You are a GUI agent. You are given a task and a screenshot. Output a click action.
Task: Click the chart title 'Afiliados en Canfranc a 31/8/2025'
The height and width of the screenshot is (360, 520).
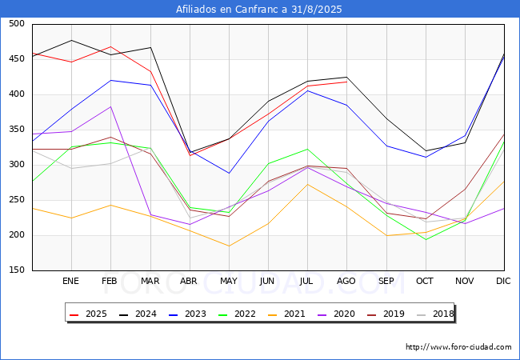(258, 10)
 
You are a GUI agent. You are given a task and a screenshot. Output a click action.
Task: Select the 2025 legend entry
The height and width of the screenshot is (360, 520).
(88, 314)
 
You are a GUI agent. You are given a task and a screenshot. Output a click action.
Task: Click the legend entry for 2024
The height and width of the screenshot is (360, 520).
(138, 314)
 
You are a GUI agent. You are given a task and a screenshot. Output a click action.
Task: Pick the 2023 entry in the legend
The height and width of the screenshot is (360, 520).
(187, 314)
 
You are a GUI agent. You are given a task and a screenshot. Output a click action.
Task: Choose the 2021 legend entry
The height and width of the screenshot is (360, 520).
(286, 314)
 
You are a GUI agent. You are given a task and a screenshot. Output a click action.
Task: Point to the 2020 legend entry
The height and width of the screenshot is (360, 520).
(336, 314)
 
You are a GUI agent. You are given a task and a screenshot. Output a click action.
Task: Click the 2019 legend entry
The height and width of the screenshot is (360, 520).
(386, 314)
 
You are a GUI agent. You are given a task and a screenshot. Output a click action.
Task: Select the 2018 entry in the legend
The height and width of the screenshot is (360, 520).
(435, 314)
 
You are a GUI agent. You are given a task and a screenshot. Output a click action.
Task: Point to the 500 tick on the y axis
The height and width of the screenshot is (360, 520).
(17, 23)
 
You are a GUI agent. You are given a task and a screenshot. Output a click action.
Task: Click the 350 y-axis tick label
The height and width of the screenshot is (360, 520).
(17, 130)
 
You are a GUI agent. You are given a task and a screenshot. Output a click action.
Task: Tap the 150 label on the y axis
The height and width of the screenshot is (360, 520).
(17, 270)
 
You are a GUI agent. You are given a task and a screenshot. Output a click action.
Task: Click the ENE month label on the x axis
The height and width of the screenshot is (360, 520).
(70, 281)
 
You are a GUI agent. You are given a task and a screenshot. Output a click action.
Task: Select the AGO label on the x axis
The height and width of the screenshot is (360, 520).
(346, 281)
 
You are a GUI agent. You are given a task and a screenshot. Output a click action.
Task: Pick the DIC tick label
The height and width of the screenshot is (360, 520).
(503, 281)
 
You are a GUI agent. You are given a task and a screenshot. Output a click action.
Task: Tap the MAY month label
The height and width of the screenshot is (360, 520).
(229, 281)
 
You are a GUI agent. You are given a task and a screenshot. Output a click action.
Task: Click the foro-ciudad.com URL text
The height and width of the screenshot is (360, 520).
(458, 347)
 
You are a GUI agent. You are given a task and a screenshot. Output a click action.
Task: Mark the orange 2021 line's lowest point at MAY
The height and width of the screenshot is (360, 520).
(229, 246)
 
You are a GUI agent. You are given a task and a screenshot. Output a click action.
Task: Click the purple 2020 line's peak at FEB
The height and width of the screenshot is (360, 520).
(110, 106)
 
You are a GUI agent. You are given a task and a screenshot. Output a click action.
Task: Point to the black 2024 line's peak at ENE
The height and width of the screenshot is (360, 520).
(72, 41)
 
